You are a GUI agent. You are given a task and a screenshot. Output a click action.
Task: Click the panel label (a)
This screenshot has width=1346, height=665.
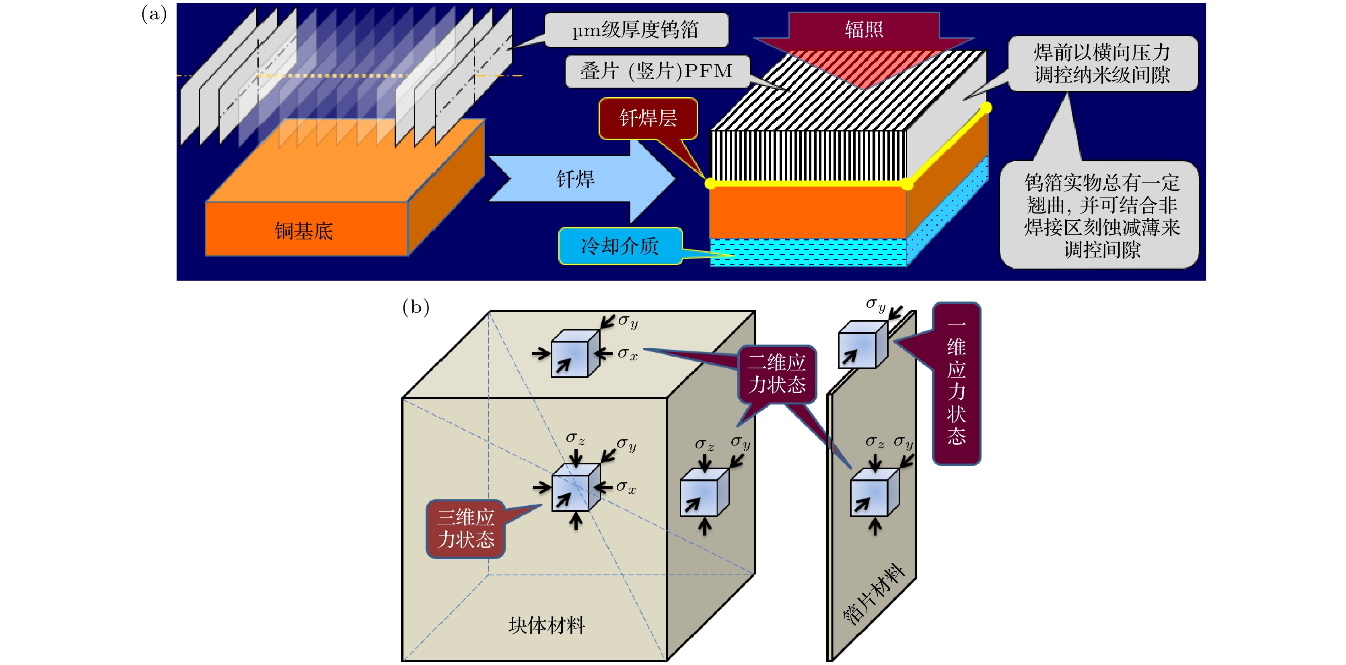coord(154,14)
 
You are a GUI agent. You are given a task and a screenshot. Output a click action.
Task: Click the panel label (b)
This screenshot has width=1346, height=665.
coord(416,307)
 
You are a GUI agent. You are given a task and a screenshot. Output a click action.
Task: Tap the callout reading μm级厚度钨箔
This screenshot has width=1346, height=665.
coord(636,30)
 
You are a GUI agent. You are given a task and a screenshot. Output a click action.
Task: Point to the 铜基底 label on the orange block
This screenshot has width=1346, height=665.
coord(304,231)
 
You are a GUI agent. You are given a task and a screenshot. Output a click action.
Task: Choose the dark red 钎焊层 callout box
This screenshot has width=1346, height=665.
coord(648,119)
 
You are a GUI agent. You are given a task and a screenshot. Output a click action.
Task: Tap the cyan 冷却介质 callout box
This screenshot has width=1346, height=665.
coord(620,246)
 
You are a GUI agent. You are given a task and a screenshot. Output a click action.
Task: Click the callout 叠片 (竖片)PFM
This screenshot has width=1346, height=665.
coord(657,71)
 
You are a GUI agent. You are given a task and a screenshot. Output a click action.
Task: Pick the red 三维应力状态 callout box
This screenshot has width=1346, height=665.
coord(465,529)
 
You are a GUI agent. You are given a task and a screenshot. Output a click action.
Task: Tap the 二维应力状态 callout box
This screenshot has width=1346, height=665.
coord(777,374)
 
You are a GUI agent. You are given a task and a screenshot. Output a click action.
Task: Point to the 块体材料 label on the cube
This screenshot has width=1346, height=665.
coord(547,625)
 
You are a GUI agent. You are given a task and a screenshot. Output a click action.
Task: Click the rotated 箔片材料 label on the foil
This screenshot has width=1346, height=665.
coord(874,595)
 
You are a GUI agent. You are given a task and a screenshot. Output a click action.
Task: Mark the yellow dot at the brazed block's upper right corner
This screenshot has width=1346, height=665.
coord(986,108)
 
